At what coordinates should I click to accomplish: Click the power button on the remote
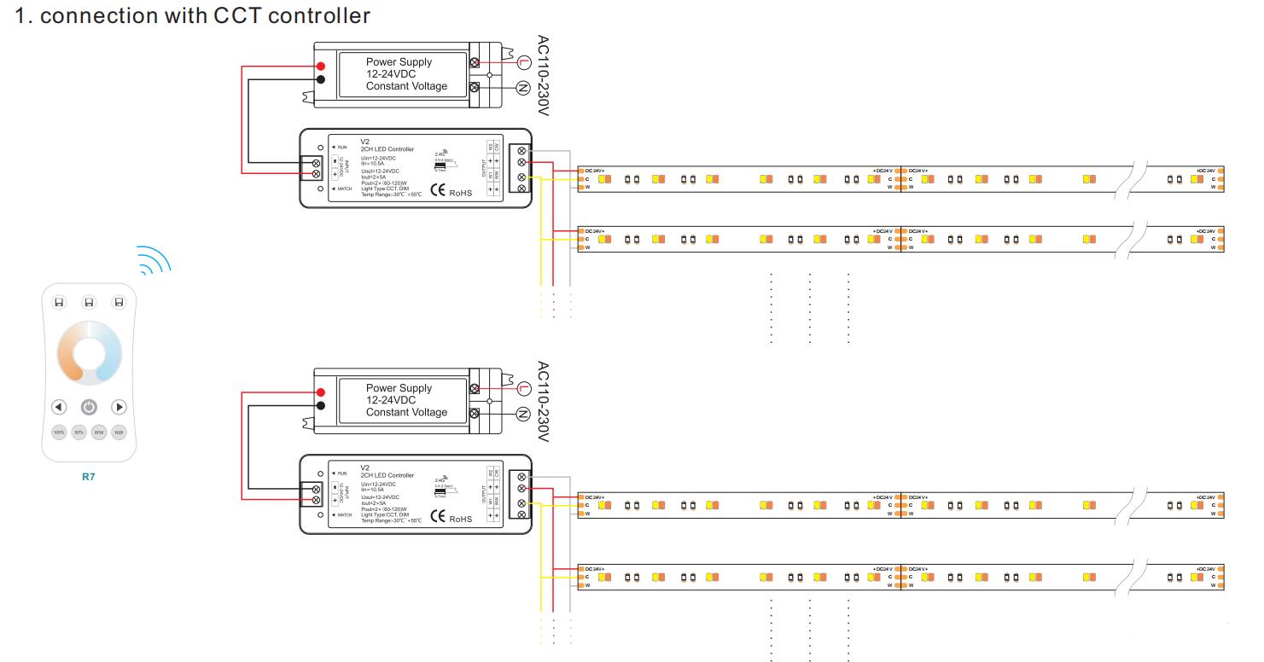(x=89, y=407)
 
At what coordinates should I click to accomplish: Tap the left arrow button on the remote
(x=58, y=407)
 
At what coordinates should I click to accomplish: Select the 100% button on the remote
(x=59, y=433)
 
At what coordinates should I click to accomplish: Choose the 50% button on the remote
(x=79, y=433)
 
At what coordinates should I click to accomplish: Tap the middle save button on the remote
(x=89, y=302)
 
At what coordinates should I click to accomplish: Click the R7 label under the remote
(x=89, y=477)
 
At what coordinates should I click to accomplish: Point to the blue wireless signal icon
(x=154, y=261)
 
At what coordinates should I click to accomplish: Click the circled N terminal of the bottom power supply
(x=524, y=415)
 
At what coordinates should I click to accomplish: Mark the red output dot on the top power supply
(x=320, y=67)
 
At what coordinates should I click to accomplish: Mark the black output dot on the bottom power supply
(x=320, y=405)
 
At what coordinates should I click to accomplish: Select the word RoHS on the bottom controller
(x=460, y=520)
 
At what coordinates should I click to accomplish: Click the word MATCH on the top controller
(x=345, y=189)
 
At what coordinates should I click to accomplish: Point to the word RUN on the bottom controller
(x=342, y=473)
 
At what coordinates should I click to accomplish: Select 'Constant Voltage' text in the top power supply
(x=406, y=86)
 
